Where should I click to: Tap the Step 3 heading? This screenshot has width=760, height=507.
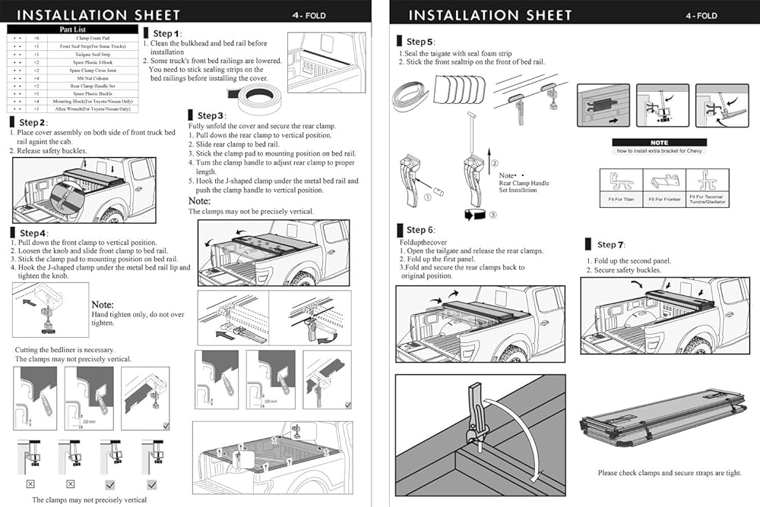pyautogui.click(x=211, y=115)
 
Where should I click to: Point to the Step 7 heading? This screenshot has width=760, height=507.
pyautogui.click(x=610, y=244)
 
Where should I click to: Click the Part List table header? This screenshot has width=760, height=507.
pyautogui.click(x=73, y=30)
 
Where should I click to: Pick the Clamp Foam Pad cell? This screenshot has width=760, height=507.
pyautogui.click(x=93, y=38)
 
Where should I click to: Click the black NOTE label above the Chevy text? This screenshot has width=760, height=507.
pyautogui.click(x=660, y=143)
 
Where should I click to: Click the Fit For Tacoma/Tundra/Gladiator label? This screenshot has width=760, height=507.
pyautogui.click(x=708, y=200)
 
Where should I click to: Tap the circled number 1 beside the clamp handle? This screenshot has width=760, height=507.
pyautogui.click(x=428, y=197)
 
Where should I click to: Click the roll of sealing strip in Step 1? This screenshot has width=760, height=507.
pyautogui.click(x=258, y=96)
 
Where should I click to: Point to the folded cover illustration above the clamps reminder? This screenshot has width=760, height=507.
pyautogui.click(x=660, y=422)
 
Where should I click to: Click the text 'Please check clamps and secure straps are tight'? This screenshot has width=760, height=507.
pyautogui.click(x=669, y=473)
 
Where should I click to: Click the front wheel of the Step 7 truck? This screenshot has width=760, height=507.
pyautogui.click(x=697, y=345)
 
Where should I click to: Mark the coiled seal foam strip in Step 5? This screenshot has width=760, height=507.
pyautogui.click(x=411, y=99)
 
